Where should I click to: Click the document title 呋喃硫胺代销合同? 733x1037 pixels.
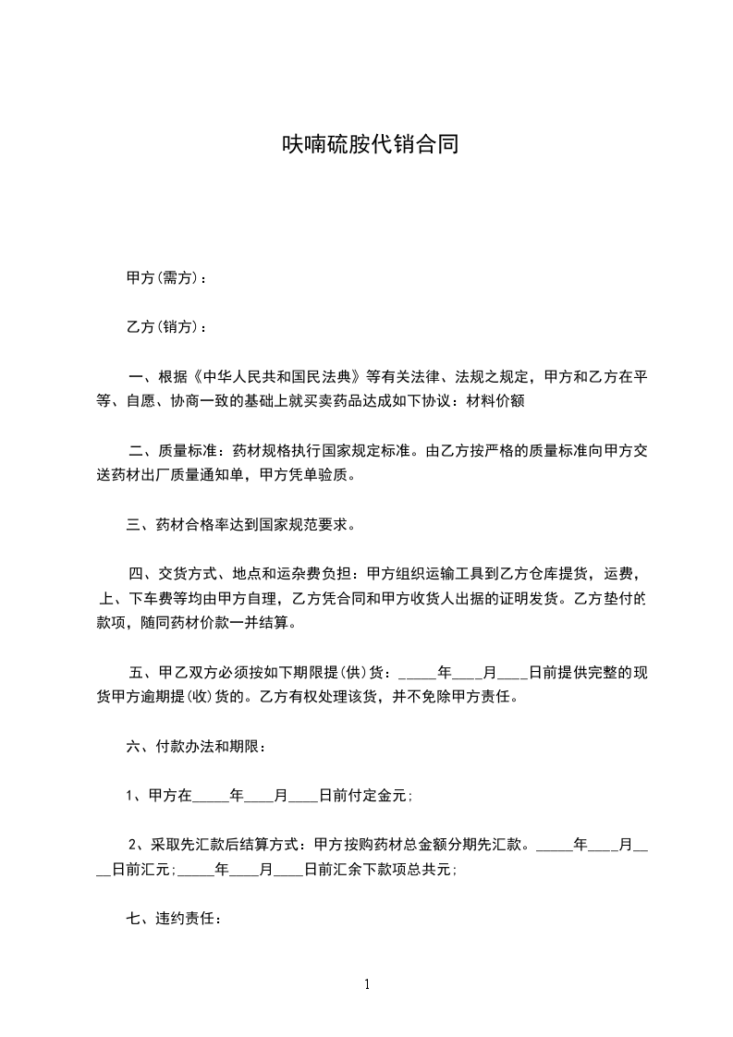pyautogui.click(x=370, y=145)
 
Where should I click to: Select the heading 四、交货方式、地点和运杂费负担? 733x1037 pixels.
pyautogui.click(x=244, y=575)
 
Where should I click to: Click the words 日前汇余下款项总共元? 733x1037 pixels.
pyautogui.click(x=380, y=869)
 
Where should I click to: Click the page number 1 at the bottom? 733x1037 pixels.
pyautogui.click(x=367, y=984)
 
